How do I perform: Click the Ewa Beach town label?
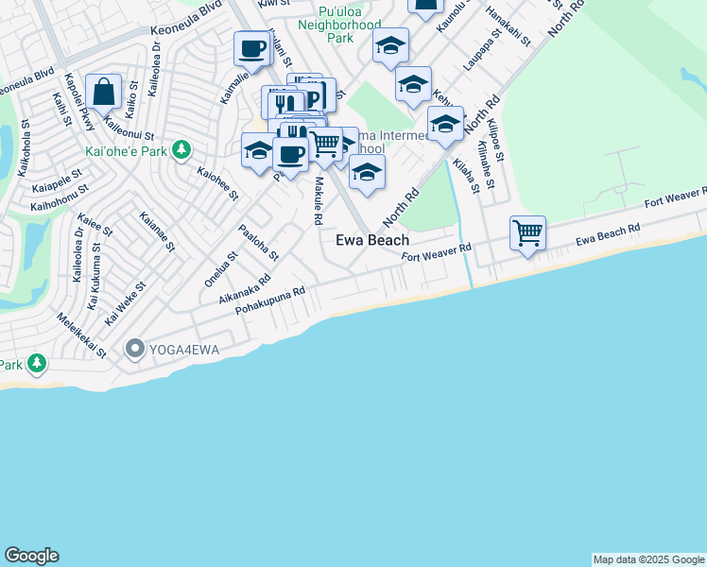[372, 240]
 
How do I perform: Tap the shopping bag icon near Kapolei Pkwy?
[103, 93]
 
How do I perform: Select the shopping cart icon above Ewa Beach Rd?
[527, 232]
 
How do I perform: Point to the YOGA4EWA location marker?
[134, 350]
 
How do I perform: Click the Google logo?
[31, 556]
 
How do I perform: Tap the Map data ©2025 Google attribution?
[648, 559]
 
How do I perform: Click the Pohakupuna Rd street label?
[270, 301]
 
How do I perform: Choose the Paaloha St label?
[258, 243]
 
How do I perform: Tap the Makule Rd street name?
[319, 200]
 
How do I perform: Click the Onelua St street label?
[219, 269]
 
